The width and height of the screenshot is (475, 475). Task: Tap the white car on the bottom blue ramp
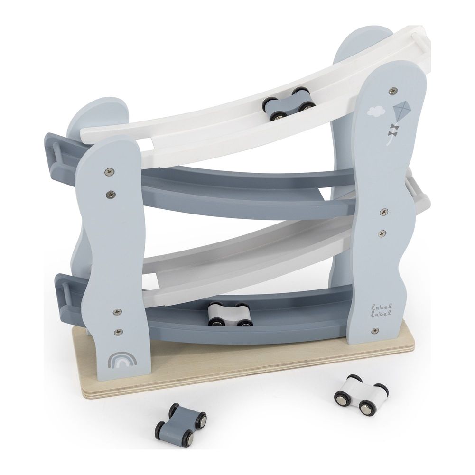coord(230,315)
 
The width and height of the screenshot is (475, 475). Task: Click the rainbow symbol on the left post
coord(122,359)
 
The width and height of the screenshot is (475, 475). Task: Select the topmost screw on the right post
coord(393,90)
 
